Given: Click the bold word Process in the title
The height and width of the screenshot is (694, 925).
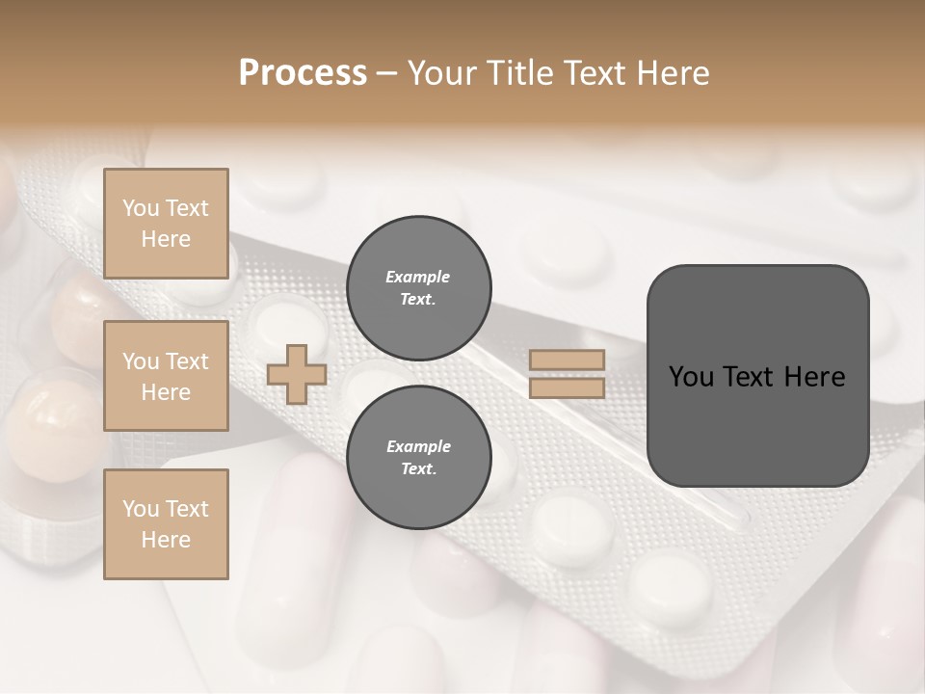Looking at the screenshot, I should pyautogui.click(x=303, y=73).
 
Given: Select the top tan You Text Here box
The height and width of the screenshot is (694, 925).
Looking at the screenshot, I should pyautogui.click(x=166, y=224).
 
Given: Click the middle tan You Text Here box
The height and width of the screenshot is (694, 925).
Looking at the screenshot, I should pyautogui.click(x=166, y=376).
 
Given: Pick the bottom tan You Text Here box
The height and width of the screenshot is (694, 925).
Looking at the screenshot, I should pyautogui.click(x=166, y=524).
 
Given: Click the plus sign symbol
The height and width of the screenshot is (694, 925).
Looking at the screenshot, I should pyautogui.click(x=296, y=374).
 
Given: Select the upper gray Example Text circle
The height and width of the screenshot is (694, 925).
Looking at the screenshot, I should pyautogui.click(x=418, y=288).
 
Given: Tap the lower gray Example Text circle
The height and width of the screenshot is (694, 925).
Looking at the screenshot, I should pyautogui.click(x=418, y=458).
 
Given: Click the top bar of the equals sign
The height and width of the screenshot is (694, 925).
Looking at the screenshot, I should pyautogui.click(x=567, y=360).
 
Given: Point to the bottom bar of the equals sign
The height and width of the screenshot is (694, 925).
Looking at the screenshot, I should pyautogui.click(x=567, y=388).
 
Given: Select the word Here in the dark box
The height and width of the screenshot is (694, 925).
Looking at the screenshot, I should pyautogui.click(x=815, y=377).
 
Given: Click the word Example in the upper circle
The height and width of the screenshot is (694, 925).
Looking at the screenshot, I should pyautogui.click(x=418, y=277).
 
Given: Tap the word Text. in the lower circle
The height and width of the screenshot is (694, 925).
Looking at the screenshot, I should pyautogui.click(x=418, y=469).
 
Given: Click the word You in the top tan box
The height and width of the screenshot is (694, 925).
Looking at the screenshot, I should pyautogui.click(x=141, y=208).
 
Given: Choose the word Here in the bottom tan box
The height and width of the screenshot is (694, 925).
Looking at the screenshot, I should pyautogui.click(x=166, y=540).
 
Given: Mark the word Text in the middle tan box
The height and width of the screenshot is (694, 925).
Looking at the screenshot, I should pyautogui.click(x=187, y=361).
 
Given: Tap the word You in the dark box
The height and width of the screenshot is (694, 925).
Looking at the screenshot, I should pyautogui.click(x=691, y=377).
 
